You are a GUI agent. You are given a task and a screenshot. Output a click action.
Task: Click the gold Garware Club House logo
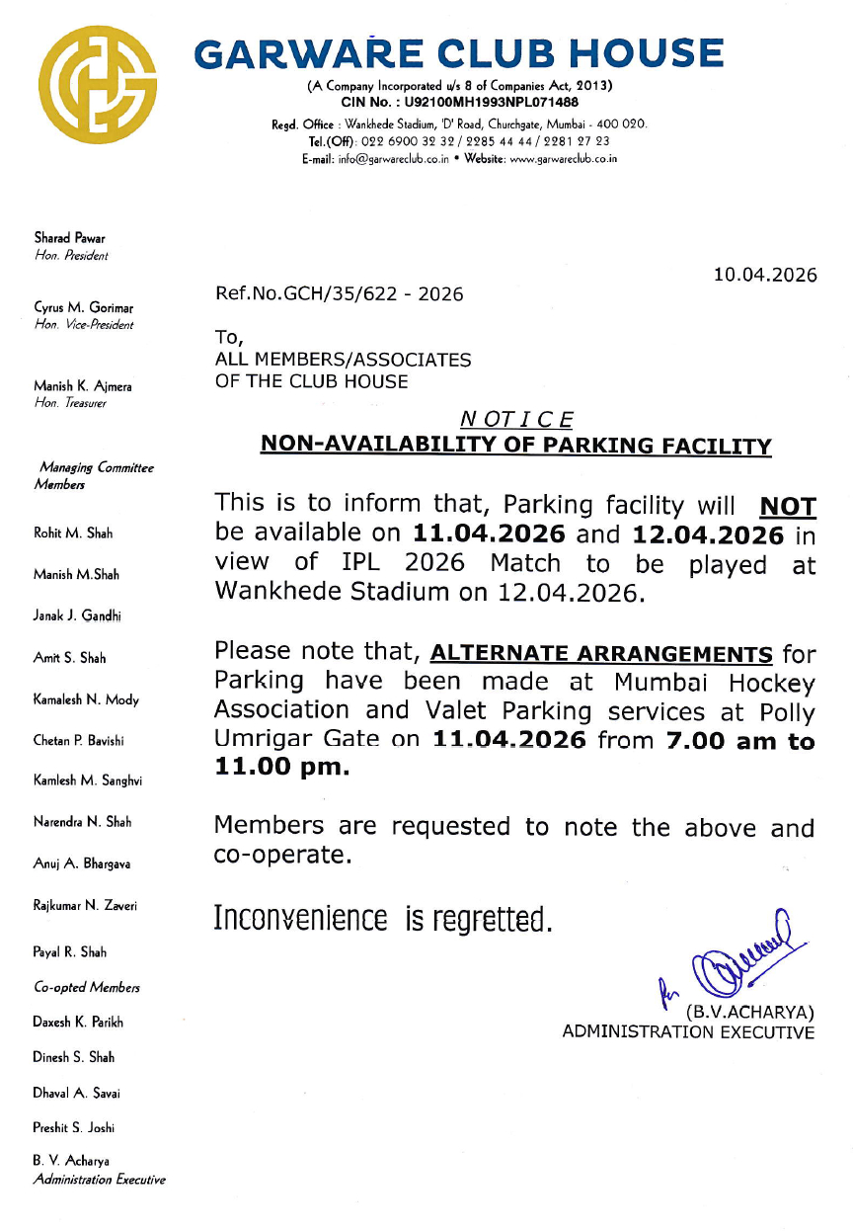[99, 84]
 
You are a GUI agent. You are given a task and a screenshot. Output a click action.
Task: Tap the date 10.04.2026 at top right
[766, 276]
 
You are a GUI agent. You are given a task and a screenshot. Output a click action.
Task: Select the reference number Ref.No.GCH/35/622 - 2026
[339, 294]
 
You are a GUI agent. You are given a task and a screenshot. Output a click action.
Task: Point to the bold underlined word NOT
[787, 508]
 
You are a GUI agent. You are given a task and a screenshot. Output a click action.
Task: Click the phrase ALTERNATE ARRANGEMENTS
[602, 653]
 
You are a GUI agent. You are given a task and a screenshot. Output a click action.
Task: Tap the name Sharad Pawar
[70, 238]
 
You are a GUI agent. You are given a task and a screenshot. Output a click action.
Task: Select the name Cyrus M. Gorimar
[83, 307]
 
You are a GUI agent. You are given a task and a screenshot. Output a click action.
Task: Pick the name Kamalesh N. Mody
[87, 699]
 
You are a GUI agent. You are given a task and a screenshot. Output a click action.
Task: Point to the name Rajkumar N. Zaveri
[85, 905]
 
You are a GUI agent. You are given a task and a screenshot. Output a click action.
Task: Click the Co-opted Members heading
[87, 987]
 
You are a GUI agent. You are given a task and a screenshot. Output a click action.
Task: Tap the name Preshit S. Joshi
[74, 1127]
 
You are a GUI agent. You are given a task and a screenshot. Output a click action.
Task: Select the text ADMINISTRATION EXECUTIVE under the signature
[688, 1032]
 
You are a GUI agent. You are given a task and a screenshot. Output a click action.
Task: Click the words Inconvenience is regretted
[382, 920]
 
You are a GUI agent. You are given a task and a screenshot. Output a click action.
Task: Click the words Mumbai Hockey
[714, 683]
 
